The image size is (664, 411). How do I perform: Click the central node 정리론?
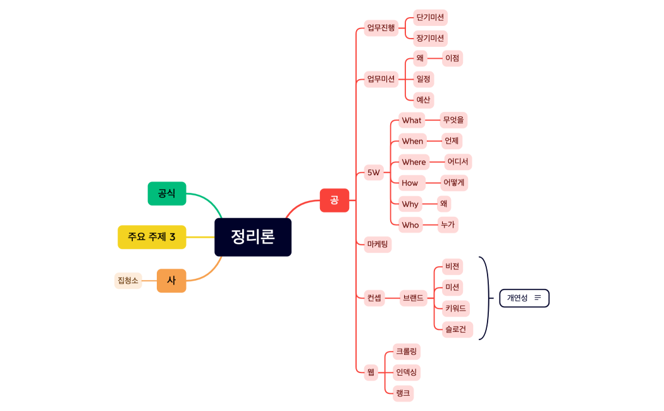pos(252,237)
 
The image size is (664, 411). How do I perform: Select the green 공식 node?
pos(167,193)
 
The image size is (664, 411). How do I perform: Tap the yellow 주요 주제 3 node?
pos(152,237)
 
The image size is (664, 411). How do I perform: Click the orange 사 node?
pos(171,281)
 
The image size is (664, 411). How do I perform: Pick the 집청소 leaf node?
pos(127,281)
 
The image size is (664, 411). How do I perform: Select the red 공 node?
pos(334,200)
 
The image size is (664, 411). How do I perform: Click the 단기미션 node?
pos(430,18)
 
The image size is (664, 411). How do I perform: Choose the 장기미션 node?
pos(430,39)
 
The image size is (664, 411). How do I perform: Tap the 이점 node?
pos(452,59)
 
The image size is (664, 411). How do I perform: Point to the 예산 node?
pos(423,100)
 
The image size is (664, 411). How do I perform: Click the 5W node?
pos(374,173)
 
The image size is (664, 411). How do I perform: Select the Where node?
pos(414,163)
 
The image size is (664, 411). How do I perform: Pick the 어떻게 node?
pos(454,183)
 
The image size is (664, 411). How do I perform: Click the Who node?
pos(410,225)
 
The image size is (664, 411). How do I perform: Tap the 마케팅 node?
pos(378,245)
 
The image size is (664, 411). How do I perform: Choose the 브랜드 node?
pos(413,298)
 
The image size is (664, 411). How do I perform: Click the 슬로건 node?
pos(455,329)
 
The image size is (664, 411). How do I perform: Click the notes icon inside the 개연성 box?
pos(538,298)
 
